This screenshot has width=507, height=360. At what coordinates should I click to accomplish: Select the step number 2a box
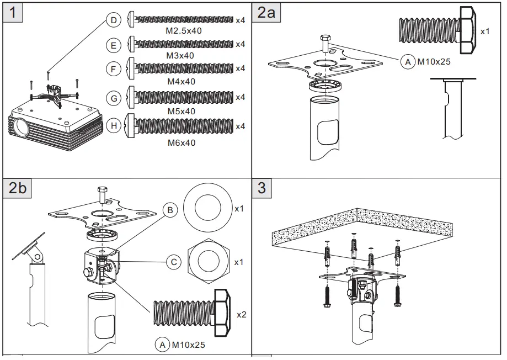[x=266, y=12]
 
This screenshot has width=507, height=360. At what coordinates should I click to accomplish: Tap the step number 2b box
[x=18, y=188]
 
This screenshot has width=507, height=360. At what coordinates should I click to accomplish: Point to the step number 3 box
[x=261, y=188]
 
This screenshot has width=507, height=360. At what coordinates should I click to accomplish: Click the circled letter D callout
[x=113, y=20]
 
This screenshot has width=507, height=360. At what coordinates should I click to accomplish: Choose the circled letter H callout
[x=114, y=126]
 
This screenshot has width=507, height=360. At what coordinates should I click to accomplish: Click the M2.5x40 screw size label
[x=184, y=31]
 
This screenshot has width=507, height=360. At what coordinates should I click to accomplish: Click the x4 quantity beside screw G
[x=240, y=98]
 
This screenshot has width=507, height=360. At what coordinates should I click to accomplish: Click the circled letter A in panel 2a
[x=408, y=62]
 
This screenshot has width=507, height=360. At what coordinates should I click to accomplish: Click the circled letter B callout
[x=170, y=210]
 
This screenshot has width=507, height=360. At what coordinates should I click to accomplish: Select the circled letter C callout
[x=174, y=262]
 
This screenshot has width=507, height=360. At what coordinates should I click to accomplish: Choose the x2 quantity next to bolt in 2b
[x=241, y=314]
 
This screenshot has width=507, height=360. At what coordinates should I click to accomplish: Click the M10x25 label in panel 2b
[x=188, y=345]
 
